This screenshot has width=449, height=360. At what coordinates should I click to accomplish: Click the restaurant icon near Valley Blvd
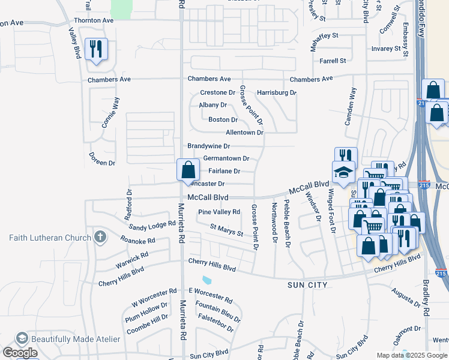click(x=96, y=49)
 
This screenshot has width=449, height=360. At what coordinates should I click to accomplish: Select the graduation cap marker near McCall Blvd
click(x=343, y=172)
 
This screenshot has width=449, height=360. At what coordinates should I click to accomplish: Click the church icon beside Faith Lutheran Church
click(x=100, y=237)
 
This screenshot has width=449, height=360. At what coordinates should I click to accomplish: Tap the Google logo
click(x=19, y=352)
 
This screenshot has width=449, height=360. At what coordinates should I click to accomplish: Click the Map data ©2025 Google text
click(x=411, y=355)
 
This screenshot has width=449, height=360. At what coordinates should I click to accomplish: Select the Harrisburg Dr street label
click(x=277, y=93)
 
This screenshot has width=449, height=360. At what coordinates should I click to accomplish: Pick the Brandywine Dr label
click(x=208, y=146)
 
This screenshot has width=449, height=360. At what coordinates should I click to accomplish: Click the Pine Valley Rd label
click(x=219, y=212)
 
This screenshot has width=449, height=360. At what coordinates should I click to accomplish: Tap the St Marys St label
click(x=226, y=229)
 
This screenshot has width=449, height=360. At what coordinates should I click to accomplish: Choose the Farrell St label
click(x=333, y=61)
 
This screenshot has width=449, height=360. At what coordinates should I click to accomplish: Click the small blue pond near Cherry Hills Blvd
click(x=207, y=280)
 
